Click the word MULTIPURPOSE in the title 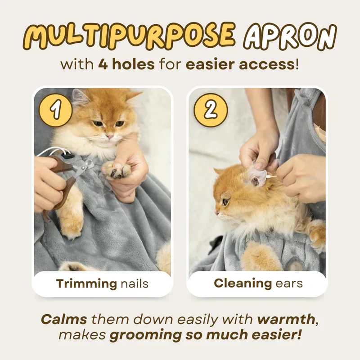click(x=129, y=36)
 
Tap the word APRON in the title click(x=290, y=36)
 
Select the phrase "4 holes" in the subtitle click(x=126, y=64)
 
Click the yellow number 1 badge click(x=55, y=110)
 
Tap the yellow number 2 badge click(x=211, y=110)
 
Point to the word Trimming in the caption click(x=86, y=284)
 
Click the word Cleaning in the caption click(x=243, y=283)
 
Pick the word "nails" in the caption click(x=135, y=284)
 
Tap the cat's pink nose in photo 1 click(x=110, y=137)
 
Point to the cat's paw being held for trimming click(x=117, y=170)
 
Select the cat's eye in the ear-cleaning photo click(x=225, y=202)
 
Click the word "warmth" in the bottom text click(x=286, y=319)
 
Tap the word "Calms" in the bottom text click(x=64, y=319)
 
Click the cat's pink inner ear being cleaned click(x=256, y=176)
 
